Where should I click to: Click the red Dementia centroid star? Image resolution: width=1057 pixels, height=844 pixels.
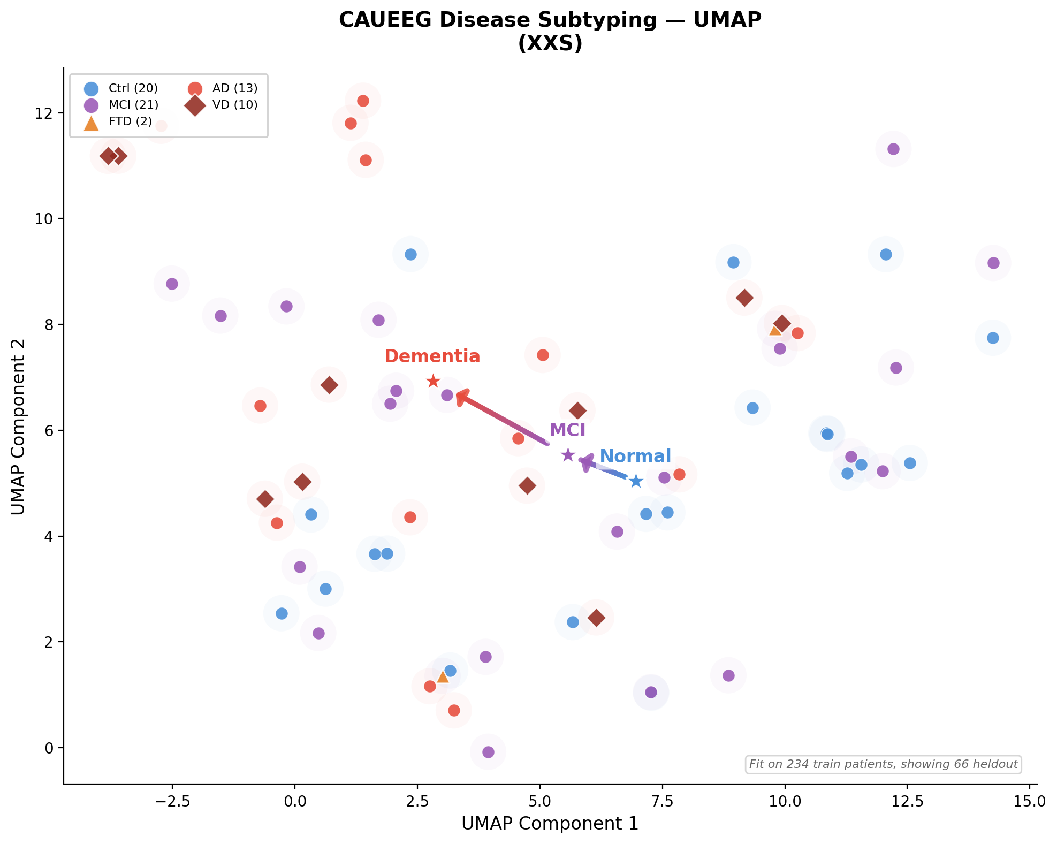(433, 382)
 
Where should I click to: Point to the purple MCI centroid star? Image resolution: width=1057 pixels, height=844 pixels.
(568, 455)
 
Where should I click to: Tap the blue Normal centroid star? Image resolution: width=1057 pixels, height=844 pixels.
(635, 481)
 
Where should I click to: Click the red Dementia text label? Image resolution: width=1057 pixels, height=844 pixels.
(432, 356)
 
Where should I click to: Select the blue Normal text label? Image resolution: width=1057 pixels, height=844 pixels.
(635, 457)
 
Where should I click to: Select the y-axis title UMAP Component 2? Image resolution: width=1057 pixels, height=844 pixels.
(18, 427)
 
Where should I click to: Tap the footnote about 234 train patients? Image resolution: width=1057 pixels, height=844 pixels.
(883, 764)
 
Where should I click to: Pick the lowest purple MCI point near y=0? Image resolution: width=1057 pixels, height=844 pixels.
(488, 752)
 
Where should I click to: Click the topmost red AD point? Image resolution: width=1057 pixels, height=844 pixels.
(363, 101)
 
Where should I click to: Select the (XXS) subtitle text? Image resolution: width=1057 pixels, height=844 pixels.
(550, 44)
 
